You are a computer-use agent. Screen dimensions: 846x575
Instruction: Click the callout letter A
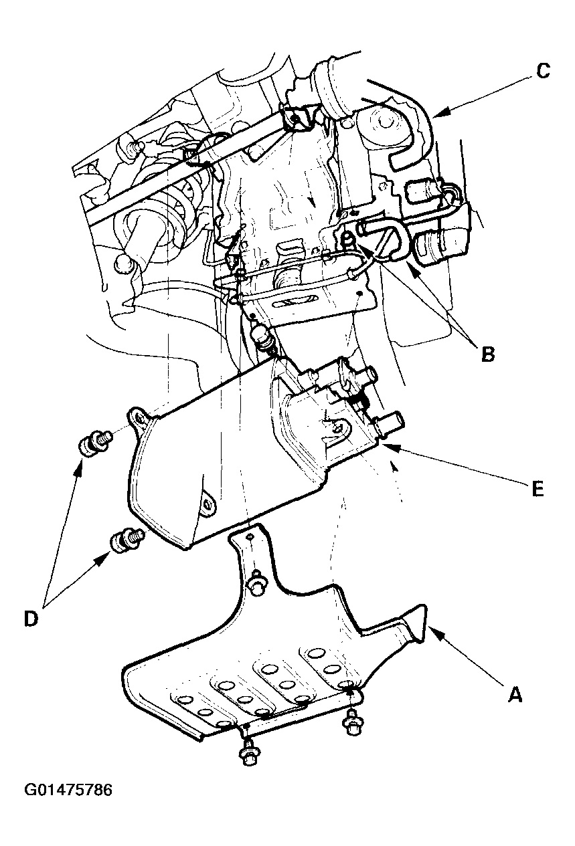pos(514,696)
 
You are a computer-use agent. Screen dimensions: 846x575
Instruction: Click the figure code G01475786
pos(68,790)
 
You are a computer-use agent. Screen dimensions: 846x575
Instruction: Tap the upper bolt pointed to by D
pos(93,443)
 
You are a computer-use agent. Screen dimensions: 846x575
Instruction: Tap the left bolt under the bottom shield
pos(248,754)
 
